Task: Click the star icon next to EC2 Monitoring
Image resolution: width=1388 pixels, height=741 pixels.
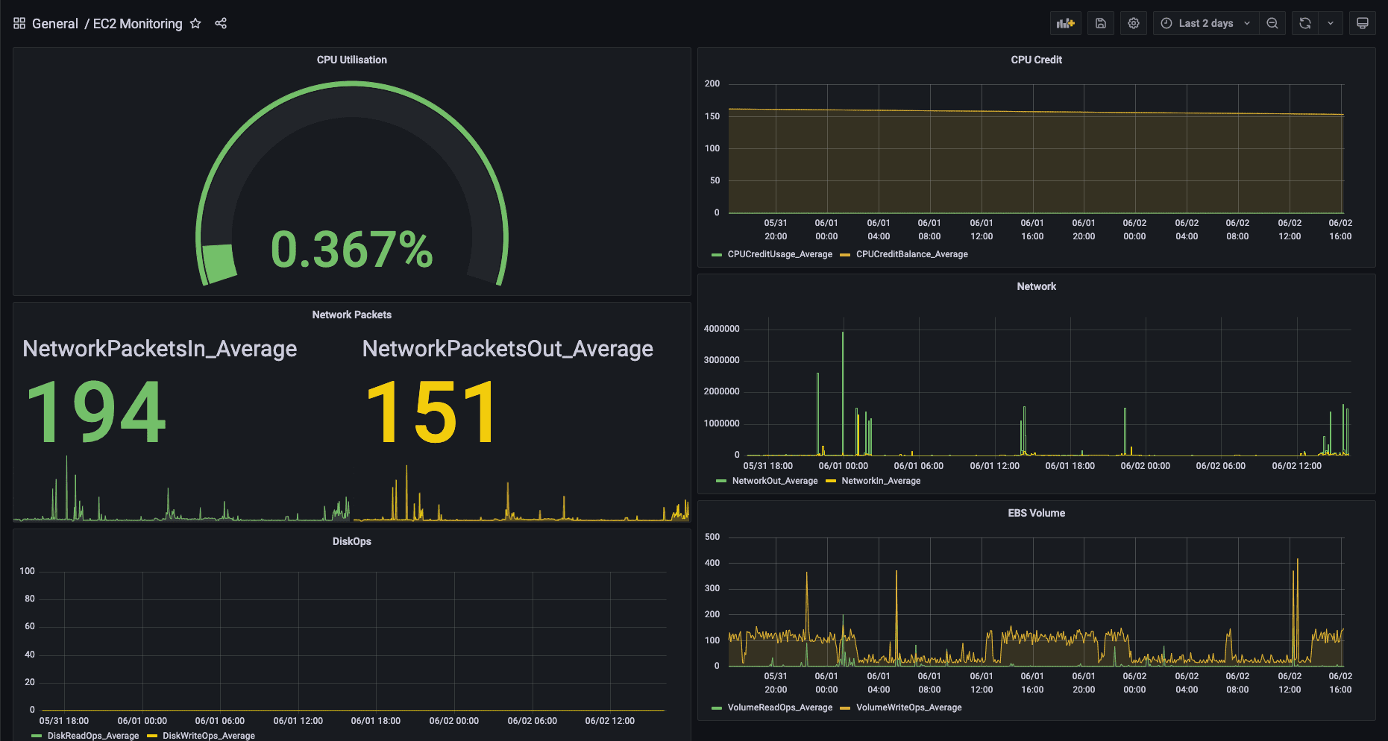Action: pyautogui.click(x=195, y=24)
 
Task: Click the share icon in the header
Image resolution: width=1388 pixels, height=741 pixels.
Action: pyautogui.click(x=221, y=24)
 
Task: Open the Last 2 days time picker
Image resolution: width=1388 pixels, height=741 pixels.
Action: pyautogui.click(x=1205, y=23)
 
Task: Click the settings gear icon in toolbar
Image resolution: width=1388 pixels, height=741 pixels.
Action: pyautogui.click(x=1134, y=23)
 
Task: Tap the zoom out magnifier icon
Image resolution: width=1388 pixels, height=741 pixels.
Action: pyautogui.click(x=1272, y=23)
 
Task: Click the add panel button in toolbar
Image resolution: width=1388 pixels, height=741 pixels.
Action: pyautogui.click(x=1066, y=23)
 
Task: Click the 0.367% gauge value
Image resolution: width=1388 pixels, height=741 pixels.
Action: pyautogui.click(x=351, y=250)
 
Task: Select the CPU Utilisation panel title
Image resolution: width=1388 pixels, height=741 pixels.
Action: pyautogui.click(x=351, y=60)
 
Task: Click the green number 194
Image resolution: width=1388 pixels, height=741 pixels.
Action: pyautogui.click(x=95, y=412)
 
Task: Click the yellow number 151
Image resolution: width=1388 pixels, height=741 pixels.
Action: pyautogui.click(x=431, y=412)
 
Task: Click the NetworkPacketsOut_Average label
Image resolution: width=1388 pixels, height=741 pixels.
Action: pyautogui.click(x=507, y=348)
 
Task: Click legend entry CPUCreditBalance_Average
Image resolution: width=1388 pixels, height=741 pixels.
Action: pyautogui.click(x=911, y=254)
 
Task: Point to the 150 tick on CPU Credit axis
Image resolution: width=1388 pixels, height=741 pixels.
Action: pyautogui.click(x=712, y=116)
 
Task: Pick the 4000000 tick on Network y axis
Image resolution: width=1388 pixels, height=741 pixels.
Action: pyautogui.click(x=721, y=329)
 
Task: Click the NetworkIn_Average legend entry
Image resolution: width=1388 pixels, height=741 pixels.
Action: pyautogui.click(x=880, y=481)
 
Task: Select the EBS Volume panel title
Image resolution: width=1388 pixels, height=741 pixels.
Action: pyautogui.click(x=1036, y=513)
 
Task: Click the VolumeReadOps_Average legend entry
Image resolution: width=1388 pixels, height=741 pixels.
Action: pyautogui.click(x=779, y=707)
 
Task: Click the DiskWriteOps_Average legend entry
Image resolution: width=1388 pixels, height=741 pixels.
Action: pyautogui.click(x=208, y=736)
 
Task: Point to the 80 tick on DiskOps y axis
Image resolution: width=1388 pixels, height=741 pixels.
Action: pyautogui.click(x=30, y=599)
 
